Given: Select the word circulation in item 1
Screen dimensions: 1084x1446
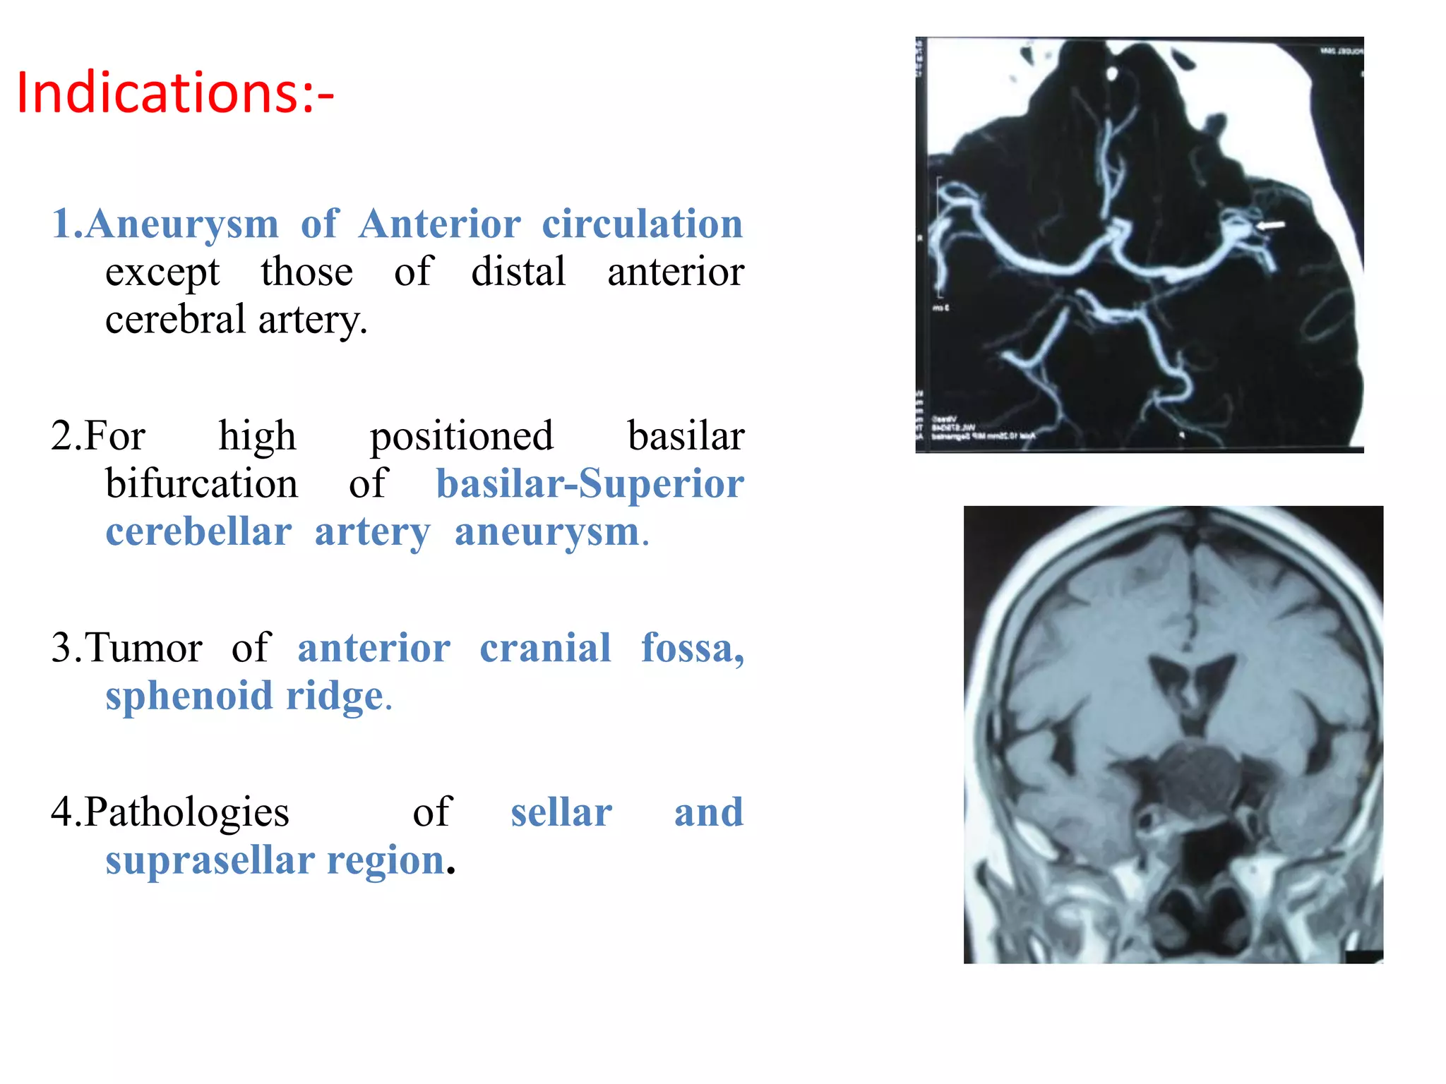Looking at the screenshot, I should pyautogui.click(x=642, y=224).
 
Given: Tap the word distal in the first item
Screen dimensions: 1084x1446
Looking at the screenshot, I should pyautogui.click(x=518, y=272).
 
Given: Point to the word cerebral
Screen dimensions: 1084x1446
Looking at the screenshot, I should pyautogui.click(x=175, y=320).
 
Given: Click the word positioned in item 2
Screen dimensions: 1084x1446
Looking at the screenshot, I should pyautogui.click(x=462, y=436).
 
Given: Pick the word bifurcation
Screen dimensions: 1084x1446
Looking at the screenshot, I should pyautogui.click(x=202, y=484).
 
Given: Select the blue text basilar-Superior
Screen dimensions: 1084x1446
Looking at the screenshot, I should pyautogui.click(x=590, y=484).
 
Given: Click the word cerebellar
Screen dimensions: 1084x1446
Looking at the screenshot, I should pyautogui.click(x=198, y=531).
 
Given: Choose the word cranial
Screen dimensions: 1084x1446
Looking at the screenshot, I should pyautogui.click(x=545, y=648).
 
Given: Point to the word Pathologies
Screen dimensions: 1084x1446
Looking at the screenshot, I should pyautogui.click(x=186, y=812).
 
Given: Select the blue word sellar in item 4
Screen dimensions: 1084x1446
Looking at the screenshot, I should pyautogui.click(x=561, y=812).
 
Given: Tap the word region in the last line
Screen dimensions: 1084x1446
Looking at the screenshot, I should pyautogui.click(x=385, y=860).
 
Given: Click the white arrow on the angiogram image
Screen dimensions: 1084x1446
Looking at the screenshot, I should pyautogui.click(x=1270, y=225).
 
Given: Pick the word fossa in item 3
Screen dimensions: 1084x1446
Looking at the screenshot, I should pyautogui.click(x=692, y=648).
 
